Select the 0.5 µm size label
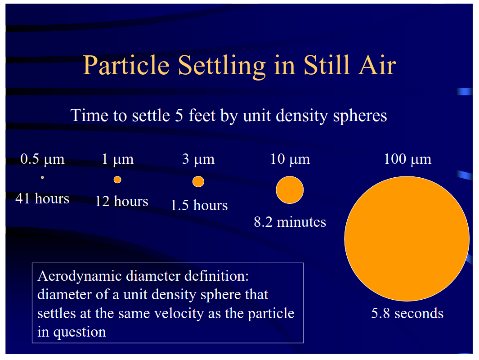pos(42,159)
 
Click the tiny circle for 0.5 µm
pos(42,178)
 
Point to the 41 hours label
pos(42,198)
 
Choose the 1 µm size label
pos(117,159)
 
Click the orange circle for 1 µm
pos(117,180)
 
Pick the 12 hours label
pos(121,201)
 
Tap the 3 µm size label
pos(198,159)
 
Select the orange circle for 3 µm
pos(198,181)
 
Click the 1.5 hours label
pos(199,206)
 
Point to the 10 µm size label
pos(290,159)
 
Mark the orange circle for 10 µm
pos(290,190)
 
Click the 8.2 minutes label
pos(290,222)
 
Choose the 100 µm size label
pos(407,159)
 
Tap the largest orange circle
pos(407,238)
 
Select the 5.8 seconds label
pos(407,313)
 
